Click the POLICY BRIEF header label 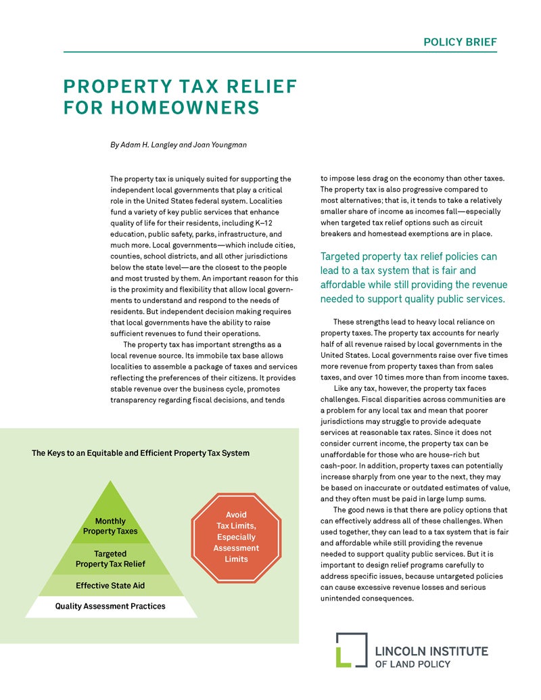[x=460, y=42]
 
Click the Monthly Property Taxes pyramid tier [x=110, y=526]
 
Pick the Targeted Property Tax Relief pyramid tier [x=110, y=559]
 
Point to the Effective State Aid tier [x=110, y=585]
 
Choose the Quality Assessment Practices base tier [x=110, y=606]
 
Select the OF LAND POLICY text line [x=413, y=664]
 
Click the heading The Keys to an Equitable [x=141, y=453]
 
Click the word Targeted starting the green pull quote [x=345, y=257]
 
